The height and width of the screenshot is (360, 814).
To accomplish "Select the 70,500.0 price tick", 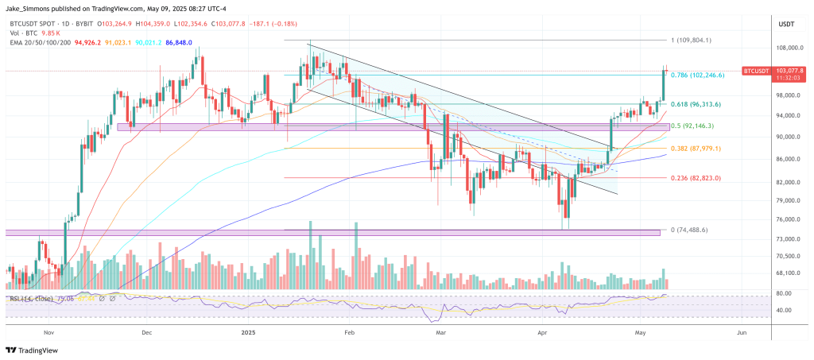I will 788,256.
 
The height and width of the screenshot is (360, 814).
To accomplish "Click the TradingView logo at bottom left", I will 35,350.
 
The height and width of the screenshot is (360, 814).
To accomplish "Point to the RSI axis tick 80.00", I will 782,293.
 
